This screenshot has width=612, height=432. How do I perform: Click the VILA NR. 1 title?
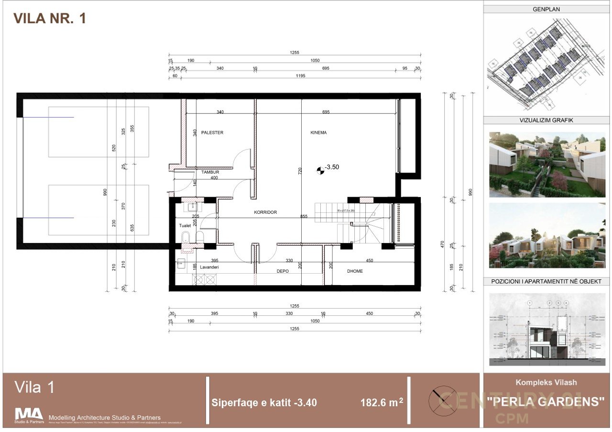(x=50, y=19)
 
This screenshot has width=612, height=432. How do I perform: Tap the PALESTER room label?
(x=212, y=133)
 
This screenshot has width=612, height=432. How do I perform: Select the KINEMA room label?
(x=318, y=133)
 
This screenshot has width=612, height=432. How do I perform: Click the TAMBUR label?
(x=210, y=172)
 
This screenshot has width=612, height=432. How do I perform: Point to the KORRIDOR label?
(x=265, y=212)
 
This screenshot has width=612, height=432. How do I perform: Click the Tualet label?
(x=186, y=225)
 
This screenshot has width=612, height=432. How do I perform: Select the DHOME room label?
(x=355, y=271)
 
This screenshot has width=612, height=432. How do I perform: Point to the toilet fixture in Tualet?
(x=185, y=236)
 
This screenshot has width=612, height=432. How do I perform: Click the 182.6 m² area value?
(x=382, y=403)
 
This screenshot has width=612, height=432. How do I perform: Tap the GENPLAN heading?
(x=546, y=9)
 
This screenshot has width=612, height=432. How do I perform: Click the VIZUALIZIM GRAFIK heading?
(x=546, y=121)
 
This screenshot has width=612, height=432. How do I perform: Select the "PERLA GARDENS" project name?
(x=546, y=401)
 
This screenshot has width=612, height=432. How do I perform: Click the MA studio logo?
(x=29, y=414)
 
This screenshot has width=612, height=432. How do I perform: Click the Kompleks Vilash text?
(x=546, y=382)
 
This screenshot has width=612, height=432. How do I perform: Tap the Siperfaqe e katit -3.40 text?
(x=264, y=403)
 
